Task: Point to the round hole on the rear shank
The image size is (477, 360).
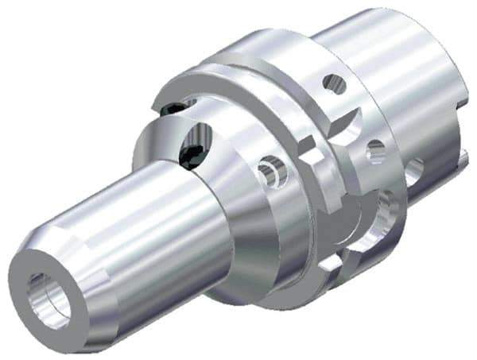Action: pos(414,167)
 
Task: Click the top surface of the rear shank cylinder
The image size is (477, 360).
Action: pos(382,40)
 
